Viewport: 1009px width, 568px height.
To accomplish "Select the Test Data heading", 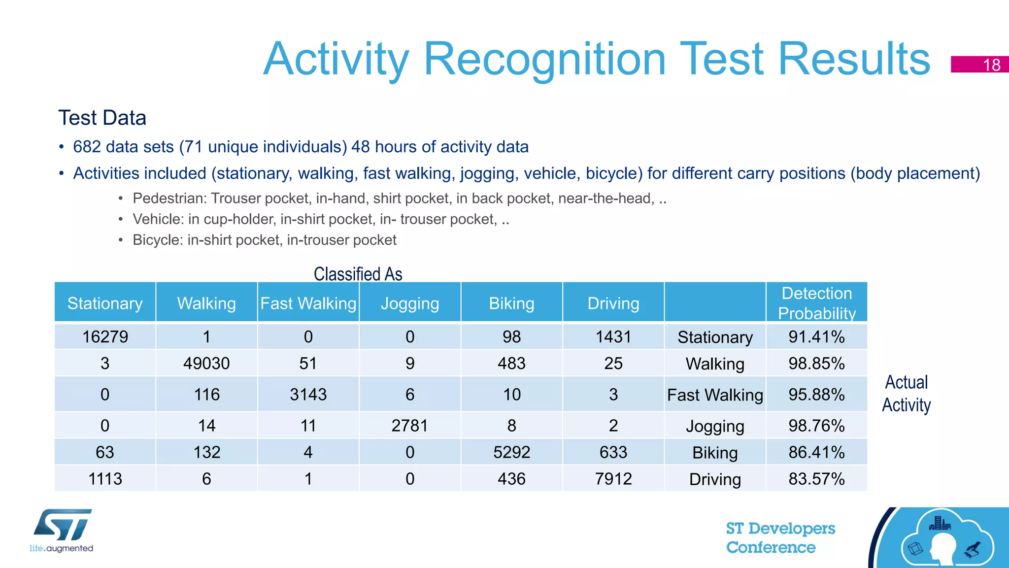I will [102, 118].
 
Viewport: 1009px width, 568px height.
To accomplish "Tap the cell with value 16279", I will [105, 337].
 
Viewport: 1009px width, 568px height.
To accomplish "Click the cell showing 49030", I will [206, 364].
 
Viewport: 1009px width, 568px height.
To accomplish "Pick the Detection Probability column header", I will [816, 303].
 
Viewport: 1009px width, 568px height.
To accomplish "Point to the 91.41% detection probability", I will [816, 337].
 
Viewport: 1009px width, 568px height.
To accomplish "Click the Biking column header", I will [511, 303].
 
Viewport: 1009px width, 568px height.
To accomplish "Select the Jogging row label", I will [715, 426].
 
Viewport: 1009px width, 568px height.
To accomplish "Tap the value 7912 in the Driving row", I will [613, 479].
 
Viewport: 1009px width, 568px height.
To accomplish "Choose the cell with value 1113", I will [105, 479].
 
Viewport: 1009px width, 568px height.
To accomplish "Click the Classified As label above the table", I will [358, 274].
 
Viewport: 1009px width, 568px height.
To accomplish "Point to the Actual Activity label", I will [906, 394].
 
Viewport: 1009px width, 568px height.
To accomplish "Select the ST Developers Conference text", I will [780, 538].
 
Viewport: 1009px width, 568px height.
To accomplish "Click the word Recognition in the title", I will [544, 59].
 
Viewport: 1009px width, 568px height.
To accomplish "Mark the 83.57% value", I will [816, 479].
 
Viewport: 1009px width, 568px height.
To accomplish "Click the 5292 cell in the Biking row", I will [511, 452].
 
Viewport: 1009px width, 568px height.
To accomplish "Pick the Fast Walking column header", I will [308, 303].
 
